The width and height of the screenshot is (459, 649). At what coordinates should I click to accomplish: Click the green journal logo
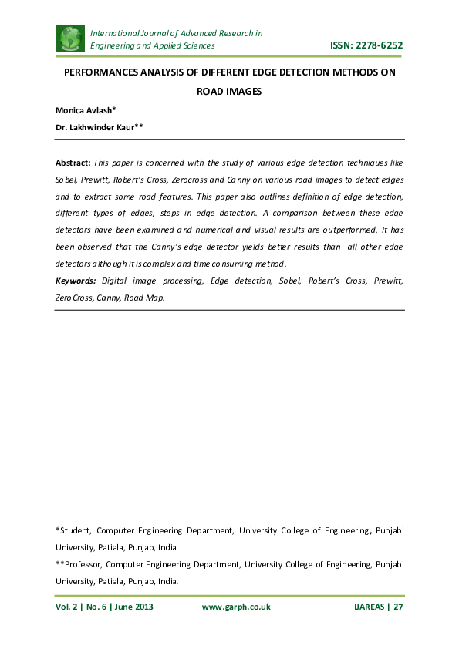[71, 39]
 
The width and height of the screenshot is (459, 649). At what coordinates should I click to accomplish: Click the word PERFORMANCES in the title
[106, 73]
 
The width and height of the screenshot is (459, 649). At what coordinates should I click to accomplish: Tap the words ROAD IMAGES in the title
[229, 92]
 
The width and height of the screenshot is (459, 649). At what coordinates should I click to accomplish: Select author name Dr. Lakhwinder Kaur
[97, 126]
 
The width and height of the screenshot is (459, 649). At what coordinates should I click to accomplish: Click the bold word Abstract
[73, 163]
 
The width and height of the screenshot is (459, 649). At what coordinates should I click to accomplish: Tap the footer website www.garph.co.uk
[236, 607]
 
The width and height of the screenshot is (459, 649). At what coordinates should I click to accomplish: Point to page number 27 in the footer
[399, 607]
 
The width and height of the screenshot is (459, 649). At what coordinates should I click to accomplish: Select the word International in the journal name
[118, 33]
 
